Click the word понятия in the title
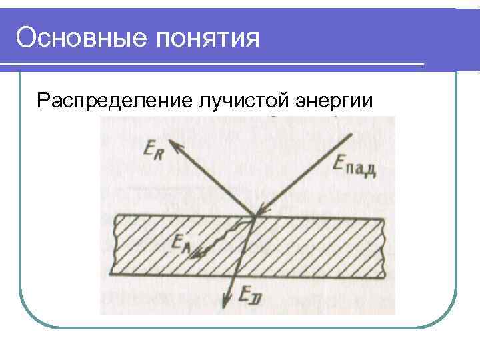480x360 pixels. coord(207,38)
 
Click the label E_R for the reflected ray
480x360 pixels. coord(153,150)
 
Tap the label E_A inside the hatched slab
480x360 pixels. coord(179,245)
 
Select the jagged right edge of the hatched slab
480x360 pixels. coord(385,245)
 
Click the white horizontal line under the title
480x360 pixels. coord(213,65)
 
